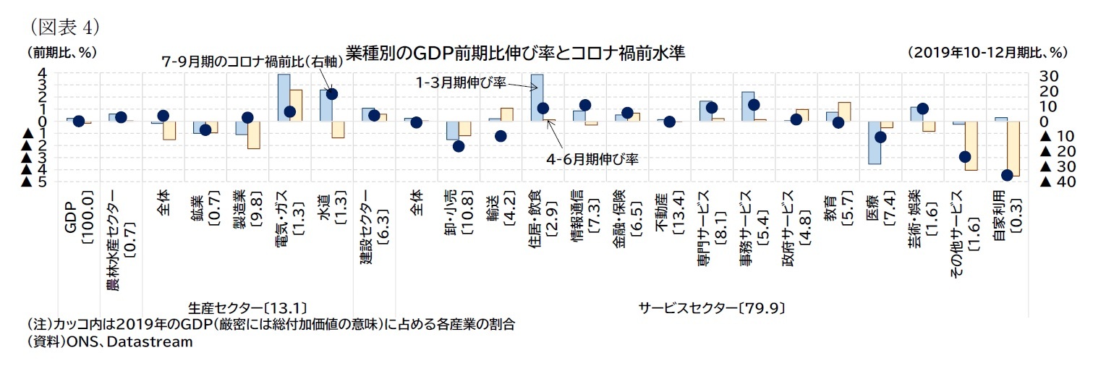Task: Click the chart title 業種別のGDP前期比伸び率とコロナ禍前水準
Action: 515,54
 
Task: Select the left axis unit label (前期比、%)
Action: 61,53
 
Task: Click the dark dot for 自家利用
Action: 1006,175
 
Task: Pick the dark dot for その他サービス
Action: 964,157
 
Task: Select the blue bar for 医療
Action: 875,142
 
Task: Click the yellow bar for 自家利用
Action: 1013,148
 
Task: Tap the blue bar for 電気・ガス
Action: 284,98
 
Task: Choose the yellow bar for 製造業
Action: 253,135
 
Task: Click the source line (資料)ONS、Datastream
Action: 110,342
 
